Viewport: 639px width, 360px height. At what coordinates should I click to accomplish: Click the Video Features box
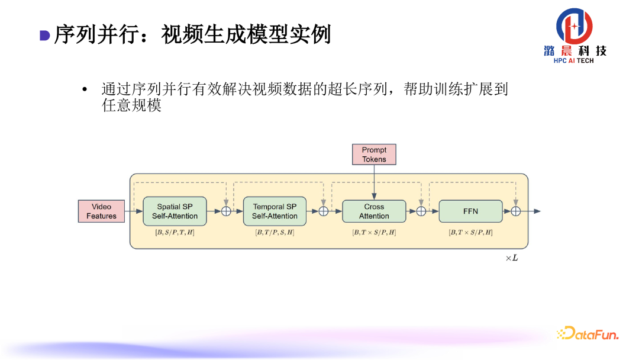click(x=101, y=211)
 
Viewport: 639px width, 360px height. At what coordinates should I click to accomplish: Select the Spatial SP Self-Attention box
click(x=175, y=211)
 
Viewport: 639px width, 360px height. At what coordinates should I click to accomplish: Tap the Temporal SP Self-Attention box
click(x=275, y=211)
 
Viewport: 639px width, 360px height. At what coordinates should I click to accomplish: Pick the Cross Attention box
click(x=374, y=211)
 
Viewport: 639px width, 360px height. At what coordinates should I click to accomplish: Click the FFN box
click(x=470, y=211)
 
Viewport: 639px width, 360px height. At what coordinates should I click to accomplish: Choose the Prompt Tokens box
click(x=374, y=155)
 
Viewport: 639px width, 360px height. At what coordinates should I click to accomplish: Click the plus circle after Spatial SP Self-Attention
click(x=226, y=211)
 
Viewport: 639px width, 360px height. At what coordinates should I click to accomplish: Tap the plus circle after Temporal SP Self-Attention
click(x=324, y=211)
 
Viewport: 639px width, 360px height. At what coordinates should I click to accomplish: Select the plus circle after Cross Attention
click(x=421, y=211)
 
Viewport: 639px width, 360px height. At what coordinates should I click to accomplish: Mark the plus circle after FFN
click(x=516, y=211)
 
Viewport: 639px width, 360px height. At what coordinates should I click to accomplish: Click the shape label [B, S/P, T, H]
click(x=175, y=233)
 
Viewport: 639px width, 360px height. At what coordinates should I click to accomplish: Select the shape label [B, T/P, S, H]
click(x=275, y=233)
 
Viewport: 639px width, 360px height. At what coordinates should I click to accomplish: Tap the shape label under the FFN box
click(x=470, y=233)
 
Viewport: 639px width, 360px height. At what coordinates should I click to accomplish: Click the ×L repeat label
click(x=512, y=258)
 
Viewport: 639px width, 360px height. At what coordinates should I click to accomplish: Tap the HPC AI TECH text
click(x=573, y=61)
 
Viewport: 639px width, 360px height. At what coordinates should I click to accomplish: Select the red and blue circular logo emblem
click(x=574, y=26)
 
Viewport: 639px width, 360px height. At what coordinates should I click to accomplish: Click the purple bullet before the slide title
click(x=44, y=36)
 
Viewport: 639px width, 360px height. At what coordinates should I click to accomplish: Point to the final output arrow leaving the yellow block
click(x=532, y=211)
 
